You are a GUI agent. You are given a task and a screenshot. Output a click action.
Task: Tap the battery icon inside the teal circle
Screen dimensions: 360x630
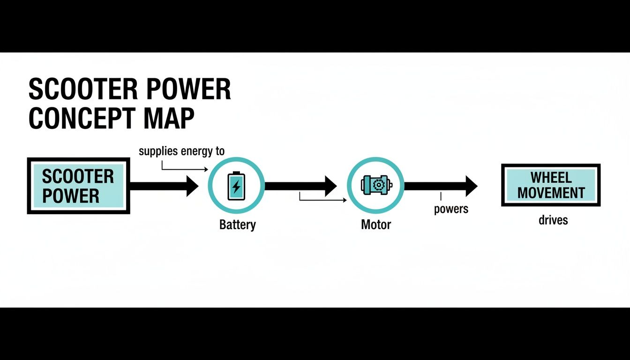click(236, 186)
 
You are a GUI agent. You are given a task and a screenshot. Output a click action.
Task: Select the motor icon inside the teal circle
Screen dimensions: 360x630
click(376, 185)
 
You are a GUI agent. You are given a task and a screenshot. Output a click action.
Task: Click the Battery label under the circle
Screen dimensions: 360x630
click(238, 225)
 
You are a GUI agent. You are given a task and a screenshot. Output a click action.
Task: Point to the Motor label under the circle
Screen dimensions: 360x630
click(376, 225)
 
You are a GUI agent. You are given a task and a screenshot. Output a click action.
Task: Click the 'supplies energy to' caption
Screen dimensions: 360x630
click(182, 151)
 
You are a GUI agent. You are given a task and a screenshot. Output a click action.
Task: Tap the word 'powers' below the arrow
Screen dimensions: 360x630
click(451, 209)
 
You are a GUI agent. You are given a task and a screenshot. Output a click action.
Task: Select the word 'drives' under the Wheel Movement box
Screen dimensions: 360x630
click(553, 219)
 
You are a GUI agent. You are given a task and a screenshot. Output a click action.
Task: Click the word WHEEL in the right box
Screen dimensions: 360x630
click(551, 178)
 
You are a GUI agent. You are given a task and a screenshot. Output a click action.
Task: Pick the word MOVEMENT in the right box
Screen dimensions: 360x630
click(551, 193)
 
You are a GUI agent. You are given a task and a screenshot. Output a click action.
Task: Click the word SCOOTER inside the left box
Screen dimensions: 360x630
click(78, 177)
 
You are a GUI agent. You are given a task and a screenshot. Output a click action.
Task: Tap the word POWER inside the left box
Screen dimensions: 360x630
click(71, 196)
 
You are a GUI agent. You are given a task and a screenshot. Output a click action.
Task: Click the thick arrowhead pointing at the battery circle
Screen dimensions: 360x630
click(192, 186)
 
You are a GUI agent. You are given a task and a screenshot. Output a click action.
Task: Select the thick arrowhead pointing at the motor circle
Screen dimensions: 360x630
click(330, 186)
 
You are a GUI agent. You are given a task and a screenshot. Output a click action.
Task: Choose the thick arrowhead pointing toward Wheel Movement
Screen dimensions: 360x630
click(471, 186)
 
